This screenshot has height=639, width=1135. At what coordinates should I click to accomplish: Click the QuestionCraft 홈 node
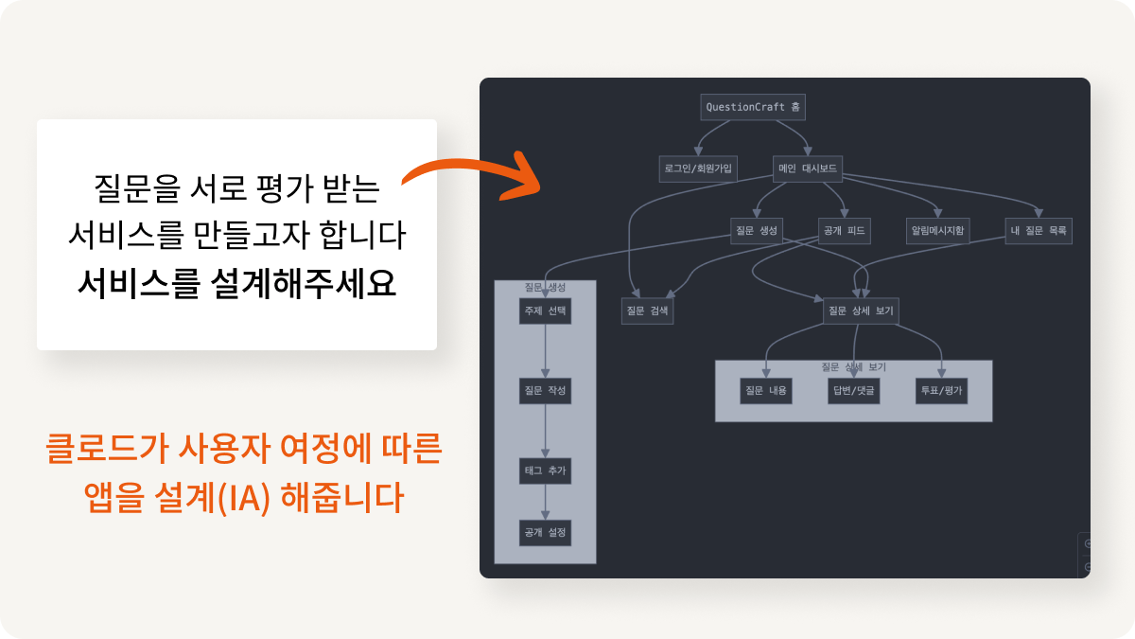pyautogui.click(x=753, y=107)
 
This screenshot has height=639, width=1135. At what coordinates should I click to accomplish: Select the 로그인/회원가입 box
pyautogui.click(x=699, y=169)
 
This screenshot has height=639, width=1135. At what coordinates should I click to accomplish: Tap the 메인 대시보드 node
pyautogui.click(x=806, y=169)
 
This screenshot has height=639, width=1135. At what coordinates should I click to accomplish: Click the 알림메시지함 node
pyautogui.click(x=939, y=231)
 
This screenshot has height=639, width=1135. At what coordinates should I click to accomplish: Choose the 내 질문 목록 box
pyautogui.click(x=1038, y=231)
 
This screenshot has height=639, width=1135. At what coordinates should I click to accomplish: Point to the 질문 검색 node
pyautogui.click(x=647, y=311)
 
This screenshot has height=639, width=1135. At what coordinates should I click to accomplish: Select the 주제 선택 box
pyautogui.click(x=545, y=311)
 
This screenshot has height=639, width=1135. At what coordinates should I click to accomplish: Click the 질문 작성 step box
pyautogui.click(x=545, y=391)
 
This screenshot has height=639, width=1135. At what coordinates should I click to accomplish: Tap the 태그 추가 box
pyautogui.click(x=545, y=470)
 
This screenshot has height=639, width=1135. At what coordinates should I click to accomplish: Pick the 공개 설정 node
pyautogui.click(x=545, y=532)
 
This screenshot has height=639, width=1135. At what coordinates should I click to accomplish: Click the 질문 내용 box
pyautogui.click(x=765, y=390)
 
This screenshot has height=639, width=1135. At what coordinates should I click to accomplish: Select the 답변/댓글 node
pyautogui.click(x=853, y=390)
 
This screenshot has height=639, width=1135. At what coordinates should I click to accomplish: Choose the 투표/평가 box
pyautogui.click(x=941, y=390)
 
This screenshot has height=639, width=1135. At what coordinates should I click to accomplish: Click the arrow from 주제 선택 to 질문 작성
pyautogui.click(x=545, y=350)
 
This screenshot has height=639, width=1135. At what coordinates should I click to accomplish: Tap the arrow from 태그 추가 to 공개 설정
pyautogui.click(x=545, y=502)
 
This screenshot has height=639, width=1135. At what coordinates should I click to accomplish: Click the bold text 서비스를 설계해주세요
pyautogui.click(x=236, y=283)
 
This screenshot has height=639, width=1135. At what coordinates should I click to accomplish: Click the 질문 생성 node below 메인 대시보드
pyautogui.click(x=755, y=231)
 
